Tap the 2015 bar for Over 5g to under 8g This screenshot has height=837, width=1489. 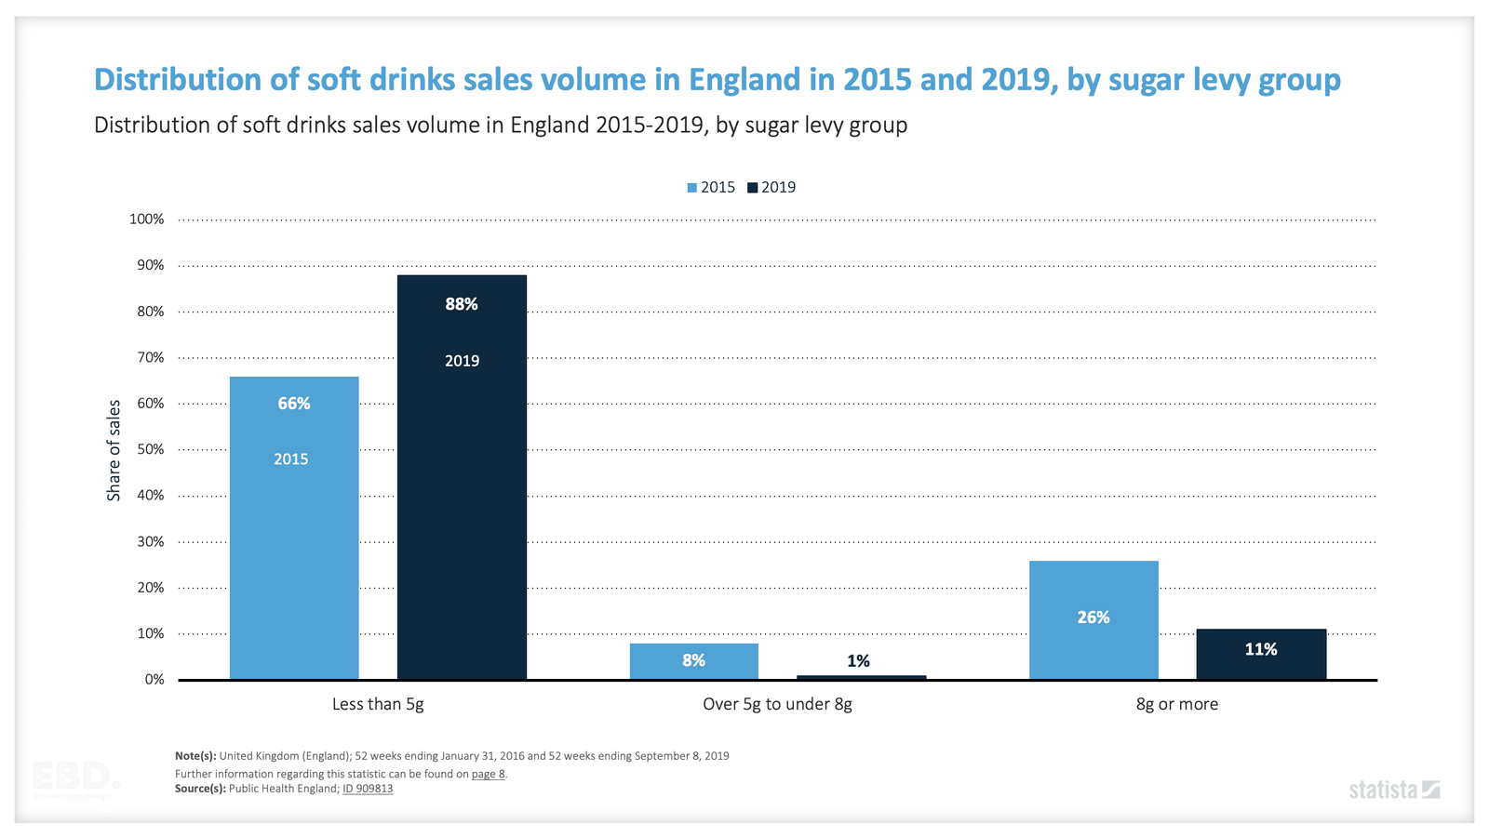point(693,661)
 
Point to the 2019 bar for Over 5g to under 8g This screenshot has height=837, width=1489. point(861,677)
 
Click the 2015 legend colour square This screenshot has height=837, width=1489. point(692,188)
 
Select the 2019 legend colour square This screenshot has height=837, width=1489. point(753,188)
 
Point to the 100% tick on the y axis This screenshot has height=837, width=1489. point(146,219)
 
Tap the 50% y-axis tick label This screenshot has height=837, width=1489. point(150,449)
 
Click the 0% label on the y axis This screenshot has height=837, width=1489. point(154,680)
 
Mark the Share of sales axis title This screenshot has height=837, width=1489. point(114,450)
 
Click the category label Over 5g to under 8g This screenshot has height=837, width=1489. point(777,704)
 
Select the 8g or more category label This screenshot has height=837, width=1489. point(1176,704)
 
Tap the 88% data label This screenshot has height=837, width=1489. point(462,304)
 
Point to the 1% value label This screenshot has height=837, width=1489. point(858,660)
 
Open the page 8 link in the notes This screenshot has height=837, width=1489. point(488,774)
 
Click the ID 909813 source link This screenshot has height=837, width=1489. point(368,789)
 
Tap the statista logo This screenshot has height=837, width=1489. point(1394,790)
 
